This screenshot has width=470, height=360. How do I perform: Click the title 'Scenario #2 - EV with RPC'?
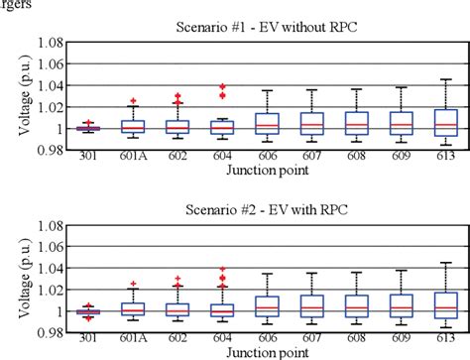(x=269, y=211)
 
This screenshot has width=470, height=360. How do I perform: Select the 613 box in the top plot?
(x=445, y=122)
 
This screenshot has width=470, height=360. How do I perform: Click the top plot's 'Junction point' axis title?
(x=268, y=170)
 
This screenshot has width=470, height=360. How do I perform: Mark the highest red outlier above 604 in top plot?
(x=223, y=87)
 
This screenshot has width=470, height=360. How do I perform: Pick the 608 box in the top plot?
(x=356, y=123)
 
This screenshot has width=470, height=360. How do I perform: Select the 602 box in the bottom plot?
(x=178, y=309)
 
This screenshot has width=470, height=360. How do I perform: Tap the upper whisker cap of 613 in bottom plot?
(x=445, y=263)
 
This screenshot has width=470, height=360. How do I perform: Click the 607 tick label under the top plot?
(x=312, y=157)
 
